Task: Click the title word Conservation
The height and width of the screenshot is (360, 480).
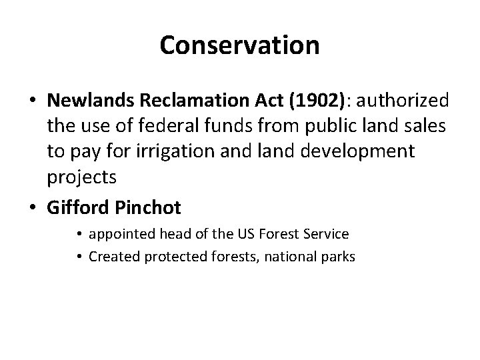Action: coord(240,45)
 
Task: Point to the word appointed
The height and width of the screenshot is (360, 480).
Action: coord(121,235)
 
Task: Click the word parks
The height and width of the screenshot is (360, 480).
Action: coord(338,256)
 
